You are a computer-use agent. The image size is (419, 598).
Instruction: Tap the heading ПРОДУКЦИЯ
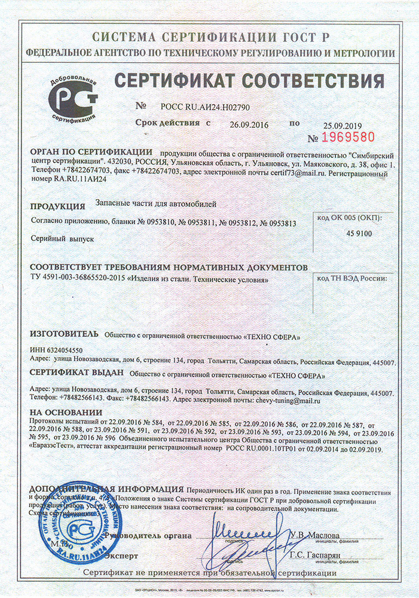[57, 206]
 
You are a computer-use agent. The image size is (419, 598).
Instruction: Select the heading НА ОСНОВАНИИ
[66, 413]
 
